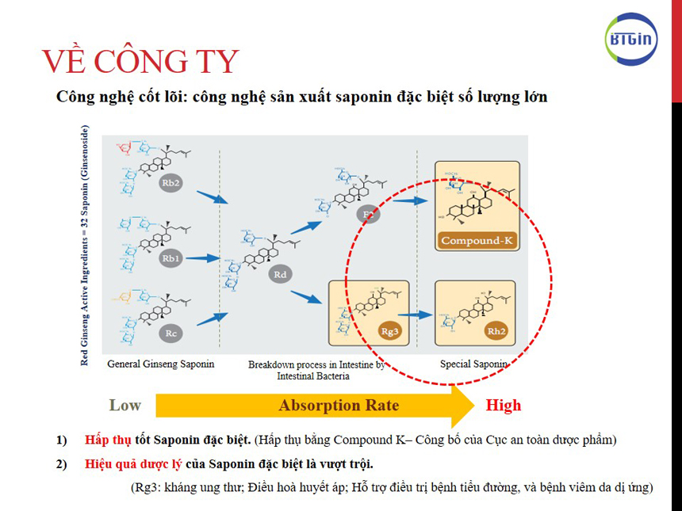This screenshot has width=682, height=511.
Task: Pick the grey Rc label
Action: click(x=170, y=334)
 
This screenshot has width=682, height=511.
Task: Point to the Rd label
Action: click(x=279, y=274)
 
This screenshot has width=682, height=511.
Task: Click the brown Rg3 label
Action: click(x=389, y=331)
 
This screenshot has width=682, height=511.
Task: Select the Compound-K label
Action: click(x=476, y=241)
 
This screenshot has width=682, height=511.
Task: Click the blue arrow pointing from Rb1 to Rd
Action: click(x=203, y=258)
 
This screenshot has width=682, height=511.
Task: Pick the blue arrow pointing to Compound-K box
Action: click(x=410, y=201)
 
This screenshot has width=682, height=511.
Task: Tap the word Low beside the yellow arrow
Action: click(x=125, y=406)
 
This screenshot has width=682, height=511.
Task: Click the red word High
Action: click(x=504, y=406)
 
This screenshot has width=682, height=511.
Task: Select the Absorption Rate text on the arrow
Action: click(x=338, y=406)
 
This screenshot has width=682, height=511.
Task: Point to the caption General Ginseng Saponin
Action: click(x=161, y=364)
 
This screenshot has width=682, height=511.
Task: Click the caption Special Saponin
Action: click(x=473, y=364)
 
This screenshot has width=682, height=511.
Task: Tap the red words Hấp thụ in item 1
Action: click(x=106, y=440)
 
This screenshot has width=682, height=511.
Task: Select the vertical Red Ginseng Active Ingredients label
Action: click(x=85, y=246)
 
